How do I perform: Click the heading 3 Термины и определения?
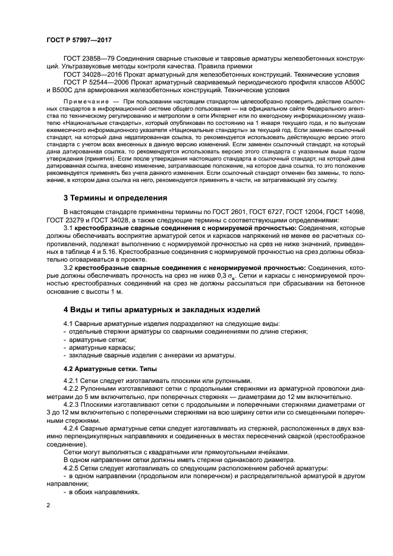point(115,197)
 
